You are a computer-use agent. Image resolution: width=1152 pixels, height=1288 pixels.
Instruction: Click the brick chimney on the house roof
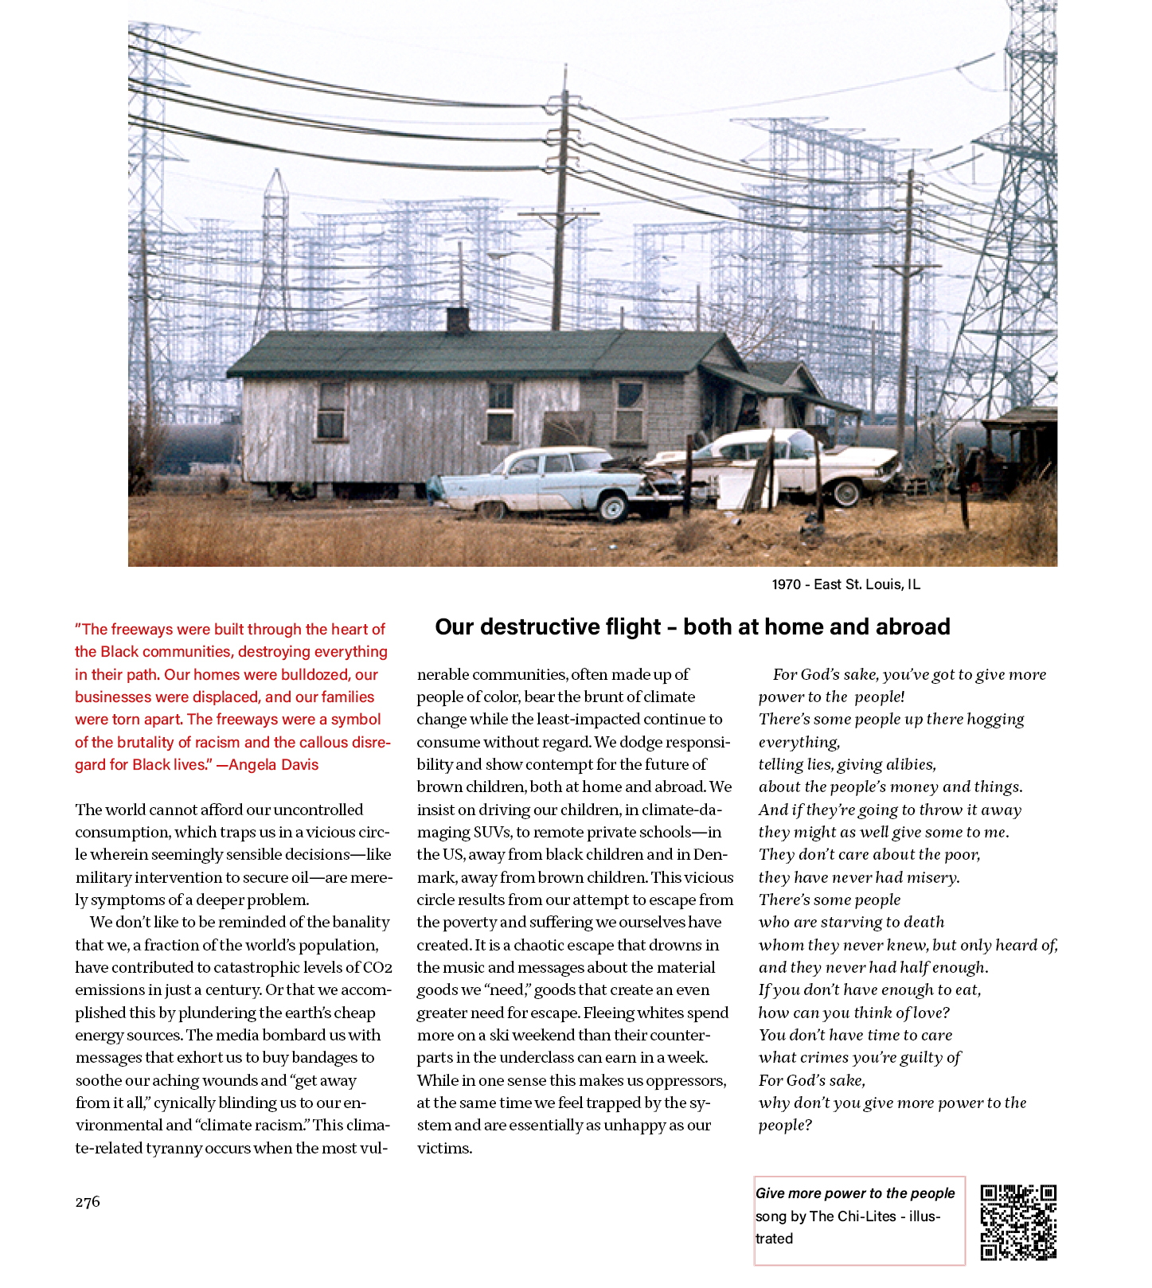[x=457, y=319]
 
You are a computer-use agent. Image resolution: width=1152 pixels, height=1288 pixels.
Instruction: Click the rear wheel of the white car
[x=845, y=493]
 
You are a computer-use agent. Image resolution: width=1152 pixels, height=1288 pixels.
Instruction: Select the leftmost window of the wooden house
[x=331, y=411]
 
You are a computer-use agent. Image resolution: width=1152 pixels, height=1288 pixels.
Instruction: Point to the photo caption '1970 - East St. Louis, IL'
[x=845, y=584]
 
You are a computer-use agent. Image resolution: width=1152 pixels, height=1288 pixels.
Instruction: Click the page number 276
[x=88, y=1202]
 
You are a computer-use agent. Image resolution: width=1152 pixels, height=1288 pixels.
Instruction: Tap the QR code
[x=1017, y=1222]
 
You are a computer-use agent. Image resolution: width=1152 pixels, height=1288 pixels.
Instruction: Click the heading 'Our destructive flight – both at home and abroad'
[x=692, y=627]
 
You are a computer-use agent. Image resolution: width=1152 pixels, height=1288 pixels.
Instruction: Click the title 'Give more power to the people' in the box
[x=854, y=1193]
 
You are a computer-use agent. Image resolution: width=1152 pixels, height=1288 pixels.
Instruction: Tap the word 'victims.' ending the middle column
[x=444, y=1149]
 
